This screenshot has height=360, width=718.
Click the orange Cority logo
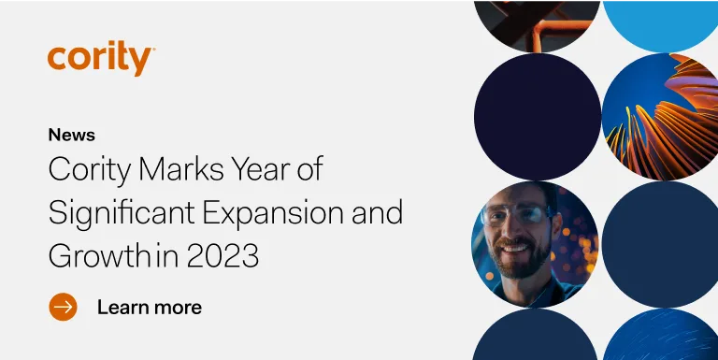click(100, 59)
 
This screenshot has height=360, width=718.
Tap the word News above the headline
click(71, 135)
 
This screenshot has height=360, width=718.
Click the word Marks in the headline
click(161, 170)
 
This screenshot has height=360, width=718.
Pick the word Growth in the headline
click(89, 255)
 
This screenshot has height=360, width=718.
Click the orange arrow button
click(63, 306)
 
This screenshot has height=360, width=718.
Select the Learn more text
click(150, 307)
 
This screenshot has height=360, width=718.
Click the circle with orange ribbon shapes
click(665, 117)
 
